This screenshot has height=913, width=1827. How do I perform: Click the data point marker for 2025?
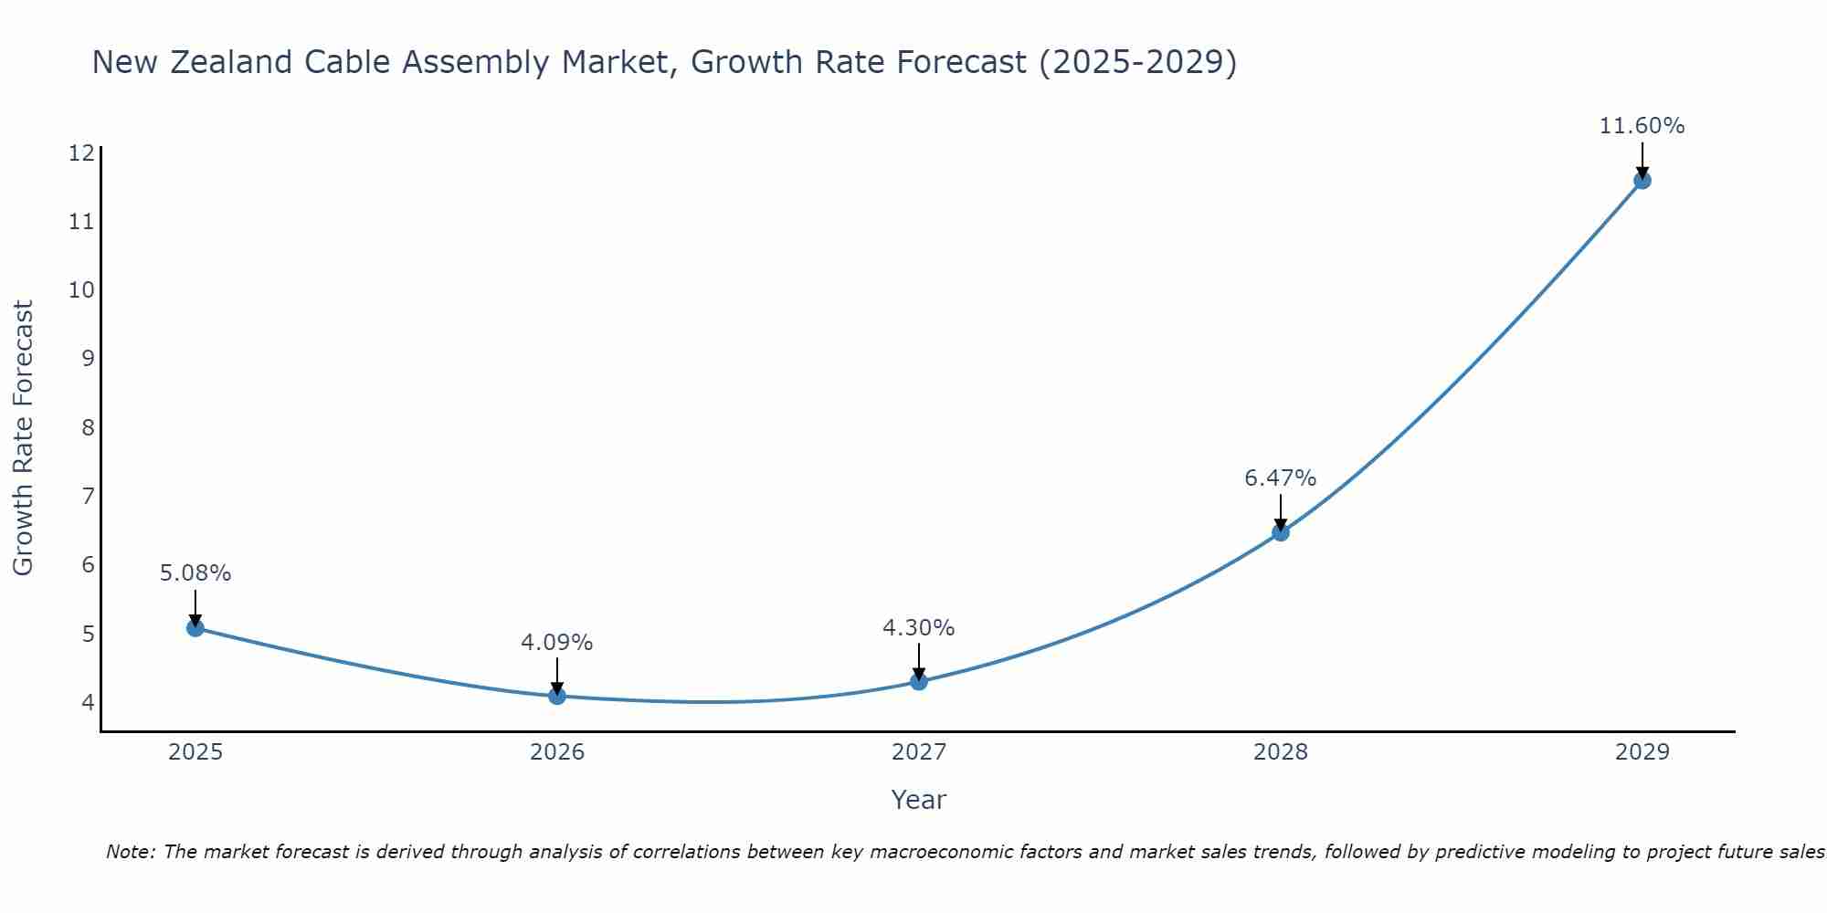pyautogui.click(x=195, y=628)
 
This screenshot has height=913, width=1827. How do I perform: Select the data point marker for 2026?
pyautogui.click(x=557, y=696)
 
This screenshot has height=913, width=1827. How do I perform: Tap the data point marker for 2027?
pyautogui.click(x=919, y=681)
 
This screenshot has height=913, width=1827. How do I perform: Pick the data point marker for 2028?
pyautogui.click(x=1281, y=532)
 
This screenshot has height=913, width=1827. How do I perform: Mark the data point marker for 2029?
pyautogui.click(x=1642, y=180)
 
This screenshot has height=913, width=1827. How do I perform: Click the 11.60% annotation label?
pyautogui.click(x=1642, y=126)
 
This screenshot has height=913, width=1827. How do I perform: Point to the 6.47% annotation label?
pyautogui.click(x=1281, y=478)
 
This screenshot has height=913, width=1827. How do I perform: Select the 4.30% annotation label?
pyautogui.click(x=919, y=628)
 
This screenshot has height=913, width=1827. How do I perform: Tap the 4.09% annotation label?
pyautogui.click(x=557, y=643)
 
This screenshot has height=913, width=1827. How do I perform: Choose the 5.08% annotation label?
pyautogui.click(x=195, y=573)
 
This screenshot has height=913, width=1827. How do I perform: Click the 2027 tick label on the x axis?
pyautogui.click(x=919, y=752)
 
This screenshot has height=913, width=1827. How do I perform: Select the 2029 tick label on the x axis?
pyautogui.click(x=1642, y=752)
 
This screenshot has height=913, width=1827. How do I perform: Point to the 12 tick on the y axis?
pyautogui.click(x=81, y=153)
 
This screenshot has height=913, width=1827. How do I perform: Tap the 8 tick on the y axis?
pyautogui.click(x=88, y=427)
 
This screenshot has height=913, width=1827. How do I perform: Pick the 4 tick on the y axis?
pyautogui.click(x=88, y=702)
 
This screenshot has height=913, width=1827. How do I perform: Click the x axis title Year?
pyautogui.click(x=919, y=800)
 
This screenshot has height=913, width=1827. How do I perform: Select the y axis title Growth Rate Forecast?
pyautogui.click(x=24, y=438)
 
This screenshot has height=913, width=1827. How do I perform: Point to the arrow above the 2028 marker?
pyautogui.click(x=1281, y=511)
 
